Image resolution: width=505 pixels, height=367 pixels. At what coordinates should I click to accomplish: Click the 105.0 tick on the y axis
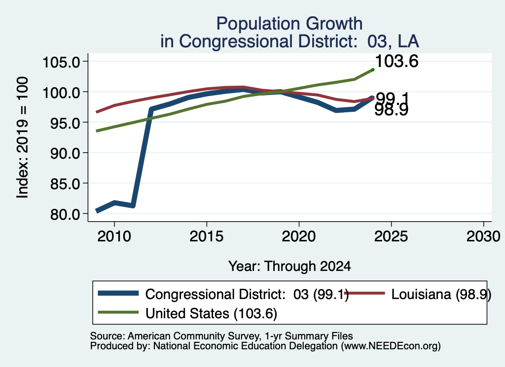(x=61, y=62)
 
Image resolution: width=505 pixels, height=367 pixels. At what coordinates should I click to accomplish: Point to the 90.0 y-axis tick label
(x=65, y=153)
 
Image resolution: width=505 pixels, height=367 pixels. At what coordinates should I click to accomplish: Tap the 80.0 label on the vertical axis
(x=65, y=215)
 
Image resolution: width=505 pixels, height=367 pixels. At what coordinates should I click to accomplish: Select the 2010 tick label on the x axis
(x=114, y=236)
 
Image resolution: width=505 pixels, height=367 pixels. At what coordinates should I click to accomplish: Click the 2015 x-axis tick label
(x=207, y=236)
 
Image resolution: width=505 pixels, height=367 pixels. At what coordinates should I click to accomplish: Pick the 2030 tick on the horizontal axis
(x=483, y=236)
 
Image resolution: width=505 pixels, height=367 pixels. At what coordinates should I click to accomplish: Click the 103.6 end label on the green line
(x=397, y=61)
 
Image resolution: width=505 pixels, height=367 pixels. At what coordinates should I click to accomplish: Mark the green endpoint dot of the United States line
(x=373, y=69)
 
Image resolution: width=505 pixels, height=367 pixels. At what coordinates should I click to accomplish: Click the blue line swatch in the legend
(x=118, y=293)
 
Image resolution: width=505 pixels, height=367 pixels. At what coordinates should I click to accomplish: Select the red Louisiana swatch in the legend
(x=364, y=293)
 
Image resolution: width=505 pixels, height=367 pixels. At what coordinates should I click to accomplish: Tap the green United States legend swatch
(x=118, y=312)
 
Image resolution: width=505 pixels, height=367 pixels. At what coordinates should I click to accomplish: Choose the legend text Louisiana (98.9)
(x=441, y=294)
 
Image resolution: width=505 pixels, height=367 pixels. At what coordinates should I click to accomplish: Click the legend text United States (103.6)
(x=211, y=314)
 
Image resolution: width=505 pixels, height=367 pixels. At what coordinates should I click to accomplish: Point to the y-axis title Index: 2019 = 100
(x=23, y=137)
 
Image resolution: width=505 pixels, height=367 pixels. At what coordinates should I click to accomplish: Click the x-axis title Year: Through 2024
(x=289, y=267)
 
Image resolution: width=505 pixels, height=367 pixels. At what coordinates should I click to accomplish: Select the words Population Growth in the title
(x=289, y=24)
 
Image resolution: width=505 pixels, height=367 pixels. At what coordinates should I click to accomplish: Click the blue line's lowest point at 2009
(x=97, y=211)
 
